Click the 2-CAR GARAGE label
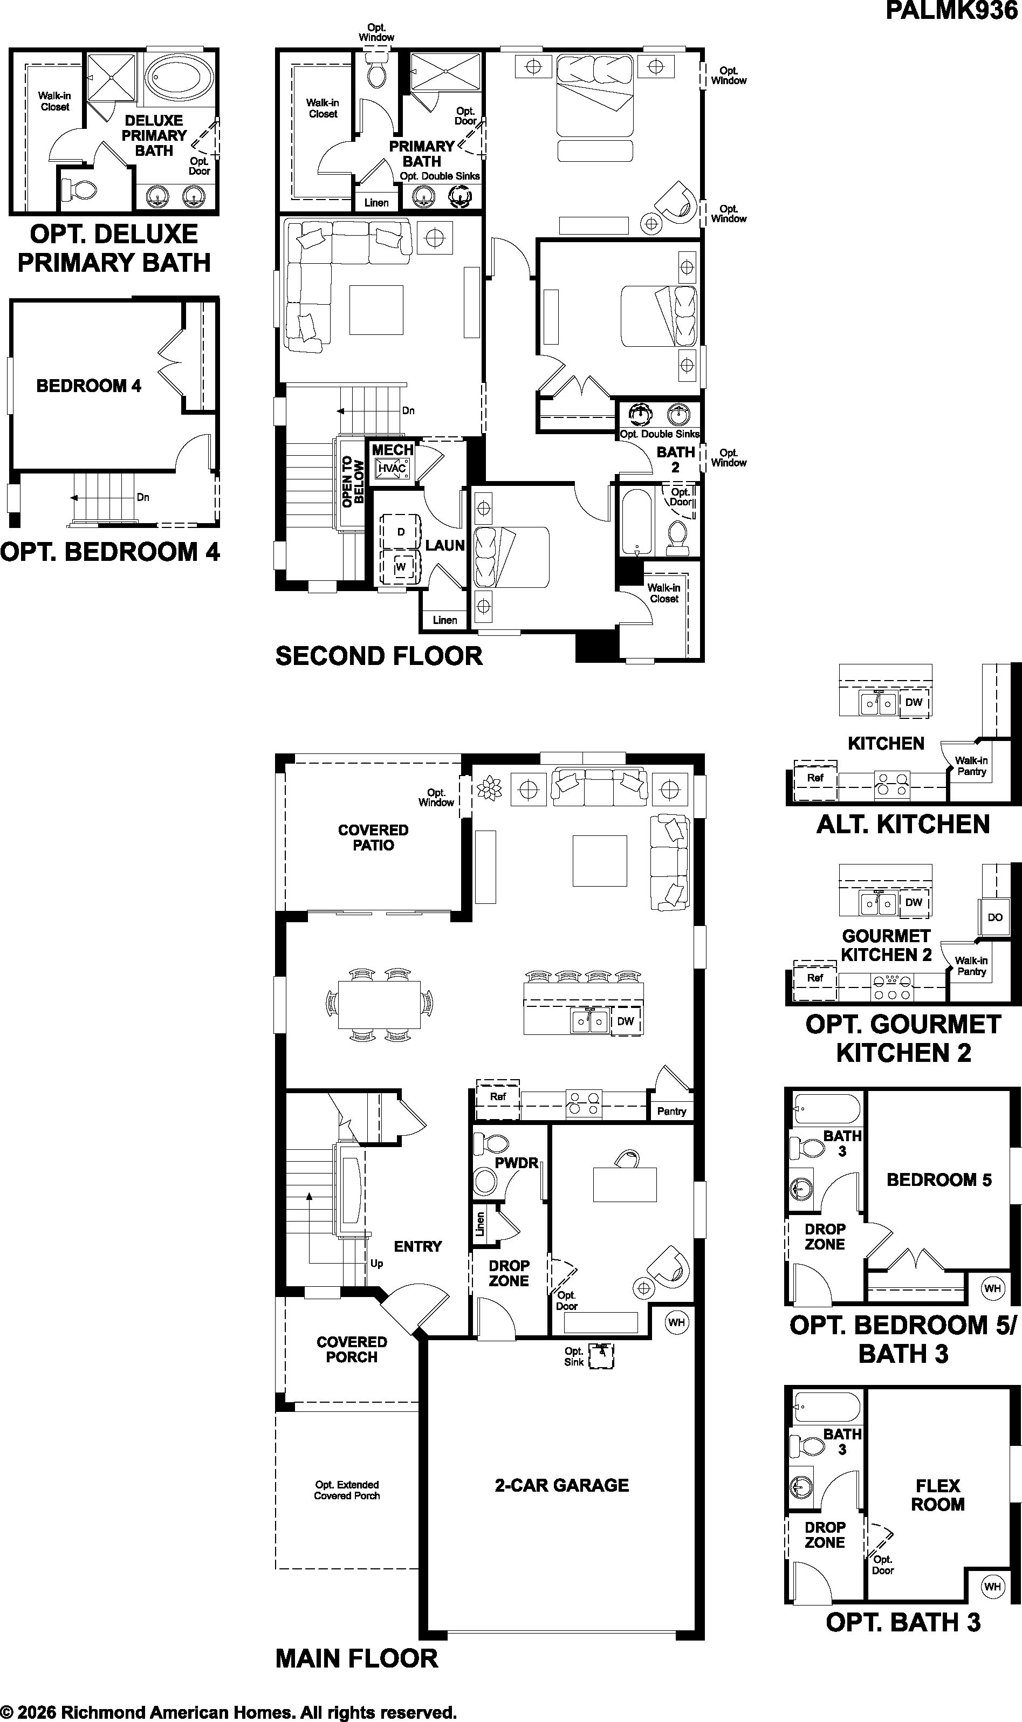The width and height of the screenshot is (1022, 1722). [562, 1485]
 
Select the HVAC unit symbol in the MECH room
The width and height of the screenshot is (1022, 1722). [393, 469]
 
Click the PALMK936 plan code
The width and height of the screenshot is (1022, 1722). [951, 11]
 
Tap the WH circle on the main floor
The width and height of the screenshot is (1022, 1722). [676, 1322]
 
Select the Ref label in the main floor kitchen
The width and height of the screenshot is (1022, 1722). [498, 1096]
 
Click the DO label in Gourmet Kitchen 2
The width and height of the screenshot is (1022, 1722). [995, 917]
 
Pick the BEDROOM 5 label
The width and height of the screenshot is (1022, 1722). [938, 1180]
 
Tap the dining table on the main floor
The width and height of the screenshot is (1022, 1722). [380, 1005]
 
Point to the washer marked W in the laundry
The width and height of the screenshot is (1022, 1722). [400, 567]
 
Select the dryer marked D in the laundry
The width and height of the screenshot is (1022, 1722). [400, 532]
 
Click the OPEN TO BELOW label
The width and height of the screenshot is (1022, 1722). [353, 481]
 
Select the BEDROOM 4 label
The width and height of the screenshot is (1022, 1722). [89, 386]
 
